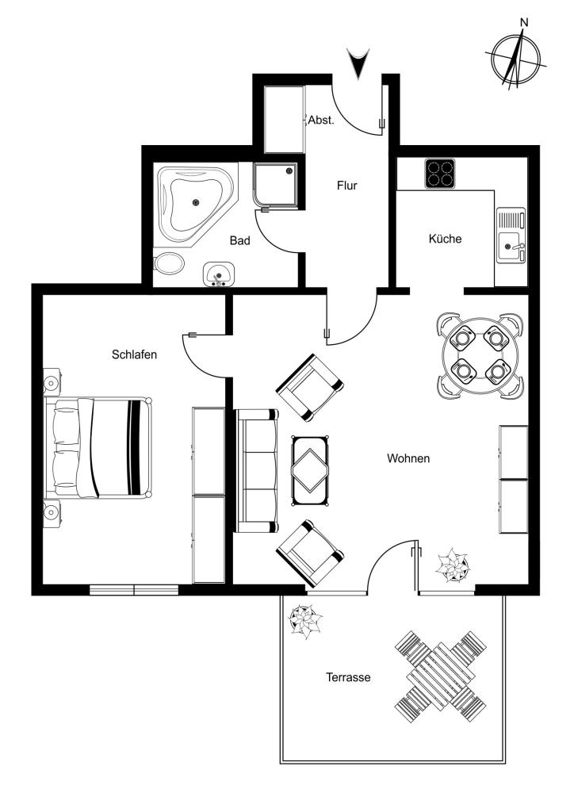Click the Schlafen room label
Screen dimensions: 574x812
(134, 354)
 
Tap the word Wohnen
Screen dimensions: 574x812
(408, 458)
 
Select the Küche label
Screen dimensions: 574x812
(445, 239)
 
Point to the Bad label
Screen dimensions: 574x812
(239, 241)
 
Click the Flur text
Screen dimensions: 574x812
(346, 186)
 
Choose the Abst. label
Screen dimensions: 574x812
(321, 121)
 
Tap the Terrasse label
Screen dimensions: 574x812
(348, 677)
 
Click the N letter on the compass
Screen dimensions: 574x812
(524, 22)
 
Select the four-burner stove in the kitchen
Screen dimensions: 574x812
(440, 173)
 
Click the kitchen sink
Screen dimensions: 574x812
(511, 235)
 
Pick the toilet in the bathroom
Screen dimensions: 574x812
(169, 263)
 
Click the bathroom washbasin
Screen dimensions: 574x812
(220, 274)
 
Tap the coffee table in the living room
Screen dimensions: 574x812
(311, 470)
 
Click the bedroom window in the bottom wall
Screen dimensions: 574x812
(134, 589)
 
